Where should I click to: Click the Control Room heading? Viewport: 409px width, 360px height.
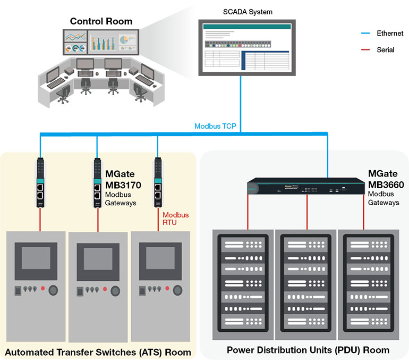101,22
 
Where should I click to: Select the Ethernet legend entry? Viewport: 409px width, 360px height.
389,33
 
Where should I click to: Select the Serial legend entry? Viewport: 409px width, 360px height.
385,49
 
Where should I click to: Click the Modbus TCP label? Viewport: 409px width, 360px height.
215,127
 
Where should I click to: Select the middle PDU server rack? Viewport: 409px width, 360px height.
305,284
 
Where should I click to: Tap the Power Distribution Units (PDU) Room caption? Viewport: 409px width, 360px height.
308,350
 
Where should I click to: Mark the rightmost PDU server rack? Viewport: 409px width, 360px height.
368,284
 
